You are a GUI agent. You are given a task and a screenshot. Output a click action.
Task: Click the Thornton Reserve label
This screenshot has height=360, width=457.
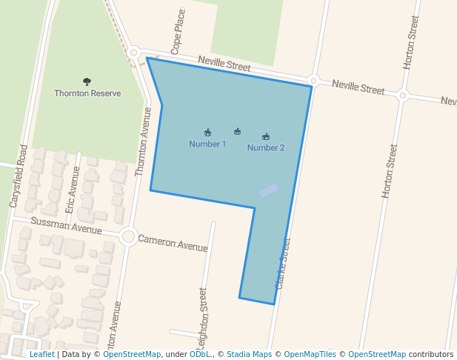pyautogui.click(x=87, y=93)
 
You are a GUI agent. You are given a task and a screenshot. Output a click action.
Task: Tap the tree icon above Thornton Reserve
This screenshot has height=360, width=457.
pyautogui.click(x=87, y=81)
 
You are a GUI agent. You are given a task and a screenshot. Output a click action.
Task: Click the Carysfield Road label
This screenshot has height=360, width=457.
pyautogui.click(x=19, y=176)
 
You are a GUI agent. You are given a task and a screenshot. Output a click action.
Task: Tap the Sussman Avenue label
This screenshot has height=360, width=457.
pyautogui.click(x=66, y=226)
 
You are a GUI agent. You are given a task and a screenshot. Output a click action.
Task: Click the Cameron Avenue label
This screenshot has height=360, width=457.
pyautogui.click(x=173, y=242)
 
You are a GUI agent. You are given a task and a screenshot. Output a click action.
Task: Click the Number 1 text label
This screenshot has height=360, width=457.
pyautogui.click(x=207, y=144)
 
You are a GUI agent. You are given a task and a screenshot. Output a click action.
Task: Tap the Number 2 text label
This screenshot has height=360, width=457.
pyautogui.click(x=266, y=147)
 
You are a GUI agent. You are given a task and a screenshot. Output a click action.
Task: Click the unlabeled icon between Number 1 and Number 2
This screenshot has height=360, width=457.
pyautogui.click(x=237, y=132)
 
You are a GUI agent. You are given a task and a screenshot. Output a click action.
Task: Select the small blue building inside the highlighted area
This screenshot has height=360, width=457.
pyautogui.click(x=269, y=190)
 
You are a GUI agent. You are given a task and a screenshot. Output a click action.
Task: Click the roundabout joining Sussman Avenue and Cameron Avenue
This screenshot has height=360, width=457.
pyautogui.click(x=128, y=237)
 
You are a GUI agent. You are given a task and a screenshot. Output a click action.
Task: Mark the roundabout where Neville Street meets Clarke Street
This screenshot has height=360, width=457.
pyautogui.click(x=314, y=80)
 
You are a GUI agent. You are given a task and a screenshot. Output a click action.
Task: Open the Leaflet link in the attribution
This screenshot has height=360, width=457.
pyautogui.click(x=41, y=355)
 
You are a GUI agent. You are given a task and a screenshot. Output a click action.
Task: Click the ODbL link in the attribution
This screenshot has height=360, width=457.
pyautogui.click(x=199, y=355)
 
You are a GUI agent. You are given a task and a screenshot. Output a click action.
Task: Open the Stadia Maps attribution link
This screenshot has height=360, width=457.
pyautogui.click(x=249, y=355)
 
